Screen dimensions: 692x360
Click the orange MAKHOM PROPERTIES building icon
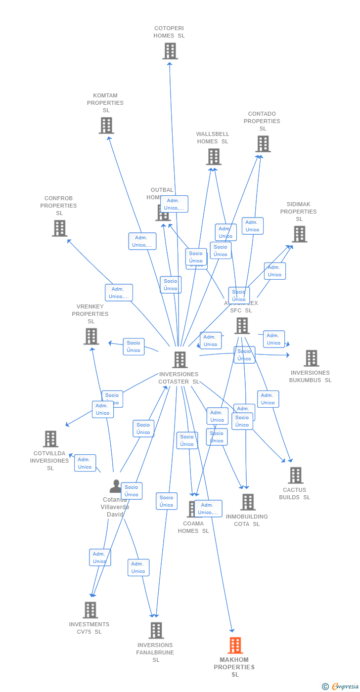pos(235,646)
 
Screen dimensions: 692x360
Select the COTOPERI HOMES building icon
pos(170,51)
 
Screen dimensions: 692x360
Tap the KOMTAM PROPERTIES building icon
pos(106,126)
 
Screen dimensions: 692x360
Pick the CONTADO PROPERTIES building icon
pos(263,144)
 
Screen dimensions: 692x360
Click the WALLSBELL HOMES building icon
pos(214,157)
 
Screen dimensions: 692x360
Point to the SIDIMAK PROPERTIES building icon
pos(300,234)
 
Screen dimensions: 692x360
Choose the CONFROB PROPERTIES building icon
pos(60,228)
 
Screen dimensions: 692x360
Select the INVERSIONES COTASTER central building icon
pos(180,360)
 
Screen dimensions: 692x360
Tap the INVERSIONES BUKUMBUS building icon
pos(312,358)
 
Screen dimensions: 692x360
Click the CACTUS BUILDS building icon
pos(296,476)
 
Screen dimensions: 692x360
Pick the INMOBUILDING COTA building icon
pos(248,502)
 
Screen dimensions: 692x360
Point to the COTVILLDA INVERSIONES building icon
pos(50,439)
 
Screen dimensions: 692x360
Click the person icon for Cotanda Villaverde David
pos(116,487)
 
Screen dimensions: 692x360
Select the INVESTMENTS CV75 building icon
pos(90,610)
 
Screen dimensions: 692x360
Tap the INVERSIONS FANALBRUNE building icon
pos(156,631)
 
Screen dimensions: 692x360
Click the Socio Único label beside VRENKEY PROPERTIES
pos(134,346)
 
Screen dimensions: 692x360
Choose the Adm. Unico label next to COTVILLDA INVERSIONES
pos(85,463)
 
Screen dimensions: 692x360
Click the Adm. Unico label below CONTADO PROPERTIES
pos(252,226)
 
